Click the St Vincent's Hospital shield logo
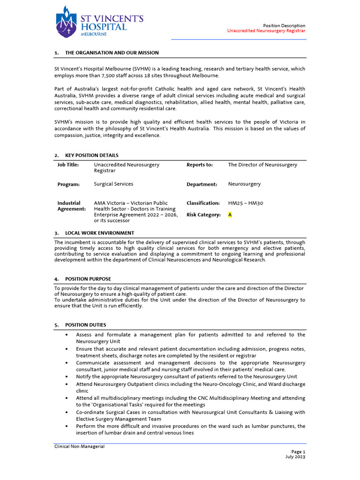click(x=66, y=22)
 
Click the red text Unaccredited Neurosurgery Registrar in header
click(x=266, y=31)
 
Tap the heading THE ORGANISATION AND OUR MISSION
click(x=112, y=53)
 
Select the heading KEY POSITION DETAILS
click(x=91, y=156)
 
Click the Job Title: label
click(x=68, y=165)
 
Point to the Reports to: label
click(x=200, y=165)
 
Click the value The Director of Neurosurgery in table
click(x=262, y=165)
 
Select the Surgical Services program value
click(x=113, y=184)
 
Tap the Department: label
click(x=202, y=185)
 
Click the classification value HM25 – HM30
click(x=246, y=203)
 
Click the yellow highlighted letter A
click(x=230, y=215)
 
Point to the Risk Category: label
click(x=203, y=215)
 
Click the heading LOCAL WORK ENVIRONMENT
click(x=99, y=233)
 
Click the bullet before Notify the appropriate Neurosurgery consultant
click(x=67, y=377)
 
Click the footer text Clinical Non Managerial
click(x=79, y=447)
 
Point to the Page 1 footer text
click(x=298, y=451)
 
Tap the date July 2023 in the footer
click(x=295, y=457)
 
